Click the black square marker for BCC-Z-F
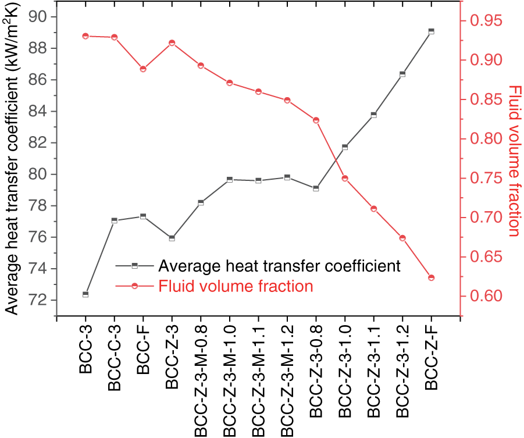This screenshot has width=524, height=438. (x=431, y=31)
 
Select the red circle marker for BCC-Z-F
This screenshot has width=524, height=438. (x=431, y=278)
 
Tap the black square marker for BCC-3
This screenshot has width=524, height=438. (x=85, y=294)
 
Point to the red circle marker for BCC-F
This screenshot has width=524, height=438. (x=143, y=69)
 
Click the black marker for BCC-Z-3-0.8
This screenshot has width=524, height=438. (x=316, y=188)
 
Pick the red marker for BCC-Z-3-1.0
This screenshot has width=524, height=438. (x=345, y=179)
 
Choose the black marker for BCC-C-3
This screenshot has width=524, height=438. (x=114, y=220)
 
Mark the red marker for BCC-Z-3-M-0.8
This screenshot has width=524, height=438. (x=201, y=66)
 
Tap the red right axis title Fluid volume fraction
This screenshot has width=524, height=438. (x=514, y=161)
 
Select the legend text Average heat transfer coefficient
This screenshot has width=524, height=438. (x=280, y=266)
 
